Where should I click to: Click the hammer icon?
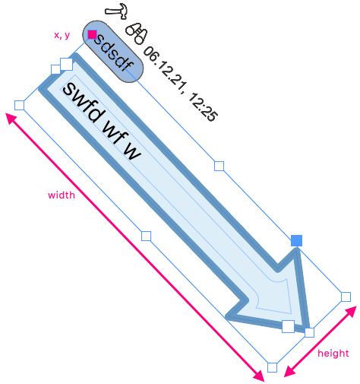(x=116, y=11)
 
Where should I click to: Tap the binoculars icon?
(x=137, y=33)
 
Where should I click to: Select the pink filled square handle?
(x=92, y=34)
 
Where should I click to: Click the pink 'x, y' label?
(x=62, y=35)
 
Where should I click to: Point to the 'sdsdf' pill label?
(x=113, y=52)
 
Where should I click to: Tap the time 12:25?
(x=204, y=107)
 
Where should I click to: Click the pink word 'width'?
(x=62, y=195)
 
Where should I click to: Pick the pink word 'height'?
(x=333, y=353)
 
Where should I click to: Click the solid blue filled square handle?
(x=296, y=240)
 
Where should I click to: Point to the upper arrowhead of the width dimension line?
(x=11, y=118)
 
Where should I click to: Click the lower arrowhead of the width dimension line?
(x=259, y=376)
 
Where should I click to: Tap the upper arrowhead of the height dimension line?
(x=351, y=312)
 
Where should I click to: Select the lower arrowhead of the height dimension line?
(x=289, y=372)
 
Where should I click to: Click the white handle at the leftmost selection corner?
(x=20, y=105)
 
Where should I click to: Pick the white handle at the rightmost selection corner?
(x=346, y=297)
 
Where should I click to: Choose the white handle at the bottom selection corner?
(x=273, y=367)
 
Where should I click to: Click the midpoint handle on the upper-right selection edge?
(x=219, y=167)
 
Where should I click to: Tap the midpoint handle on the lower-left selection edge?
(x=146, y=236)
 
